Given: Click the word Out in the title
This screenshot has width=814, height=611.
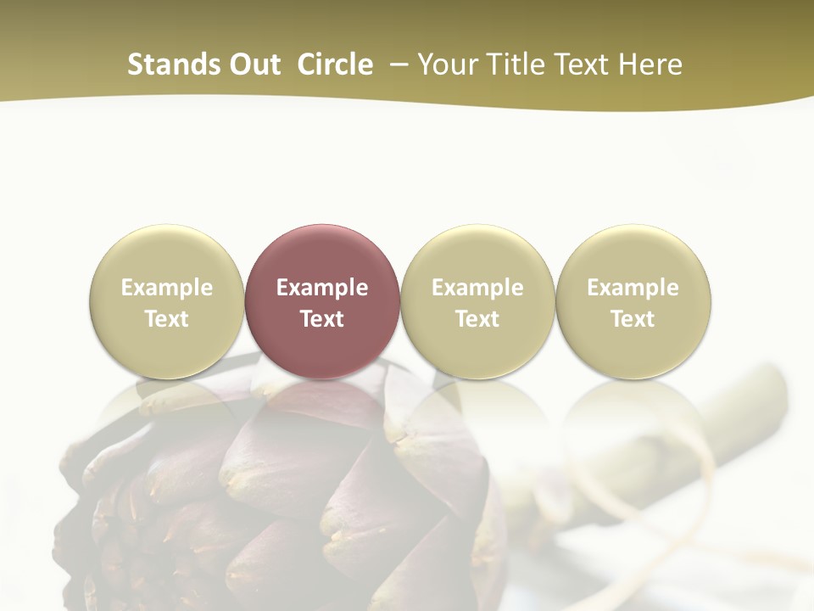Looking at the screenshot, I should pos(254,64).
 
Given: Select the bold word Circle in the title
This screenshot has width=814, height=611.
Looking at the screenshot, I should pos(335,64).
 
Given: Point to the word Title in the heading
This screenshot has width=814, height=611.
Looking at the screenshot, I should pos(514,64).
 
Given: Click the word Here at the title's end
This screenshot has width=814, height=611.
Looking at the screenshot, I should pos(650,64).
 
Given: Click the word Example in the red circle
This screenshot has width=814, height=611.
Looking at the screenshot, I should pos(322,288).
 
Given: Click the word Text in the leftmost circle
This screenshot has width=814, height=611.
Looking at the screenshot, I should pos(166,319).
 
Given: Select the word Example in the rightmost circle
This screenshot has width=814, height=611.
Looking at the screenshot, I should pos(633,288).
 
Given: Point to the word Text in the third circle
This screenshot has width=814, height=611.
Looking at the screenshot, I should pos(477,319).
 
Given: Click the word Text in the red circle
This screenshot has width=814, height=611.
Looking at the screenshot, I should pos(322,319).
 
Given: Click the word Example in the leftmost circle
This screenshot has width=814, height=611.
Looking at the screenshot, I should pos(166,288).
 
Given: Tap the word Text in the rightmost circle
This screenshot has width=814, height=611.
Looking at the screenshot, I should pos(633,319).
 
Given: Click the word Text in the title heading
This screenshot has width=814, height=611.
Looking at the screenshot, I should pos(583,64).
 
